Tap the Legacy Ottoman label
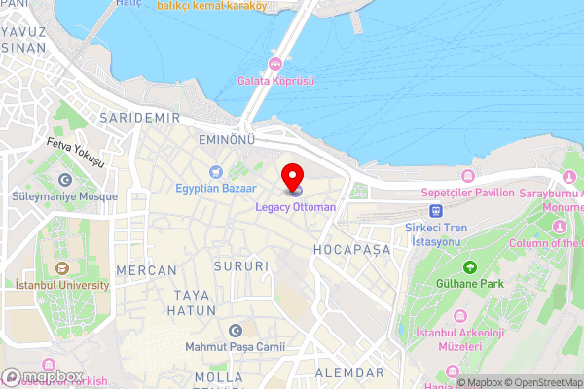pos(296,207)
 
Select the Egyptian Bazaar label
pos(216,187)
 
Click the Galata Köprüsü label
pos(276,82)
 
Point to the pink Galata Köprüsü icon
pos(276,64)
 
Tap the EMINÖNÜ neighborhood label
pos(226,141)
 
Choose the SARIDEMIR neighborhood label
pos(140,118)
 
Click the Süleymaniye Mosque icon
pos(65,180)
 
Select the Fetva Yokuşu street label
pos(74,152)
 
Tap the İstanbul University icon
pos(61,268)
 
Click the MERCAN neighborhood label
pos(146,269)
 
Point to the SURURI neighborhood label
pos(243,265)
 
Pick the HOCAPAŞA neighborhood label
pos(351,250)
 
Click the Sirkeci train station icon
pos(437,210)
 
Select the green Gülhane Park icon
pos(470,266)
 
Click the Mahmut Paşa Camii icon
pos(234,331)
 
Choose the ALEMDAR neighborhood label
pos(348,373)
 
